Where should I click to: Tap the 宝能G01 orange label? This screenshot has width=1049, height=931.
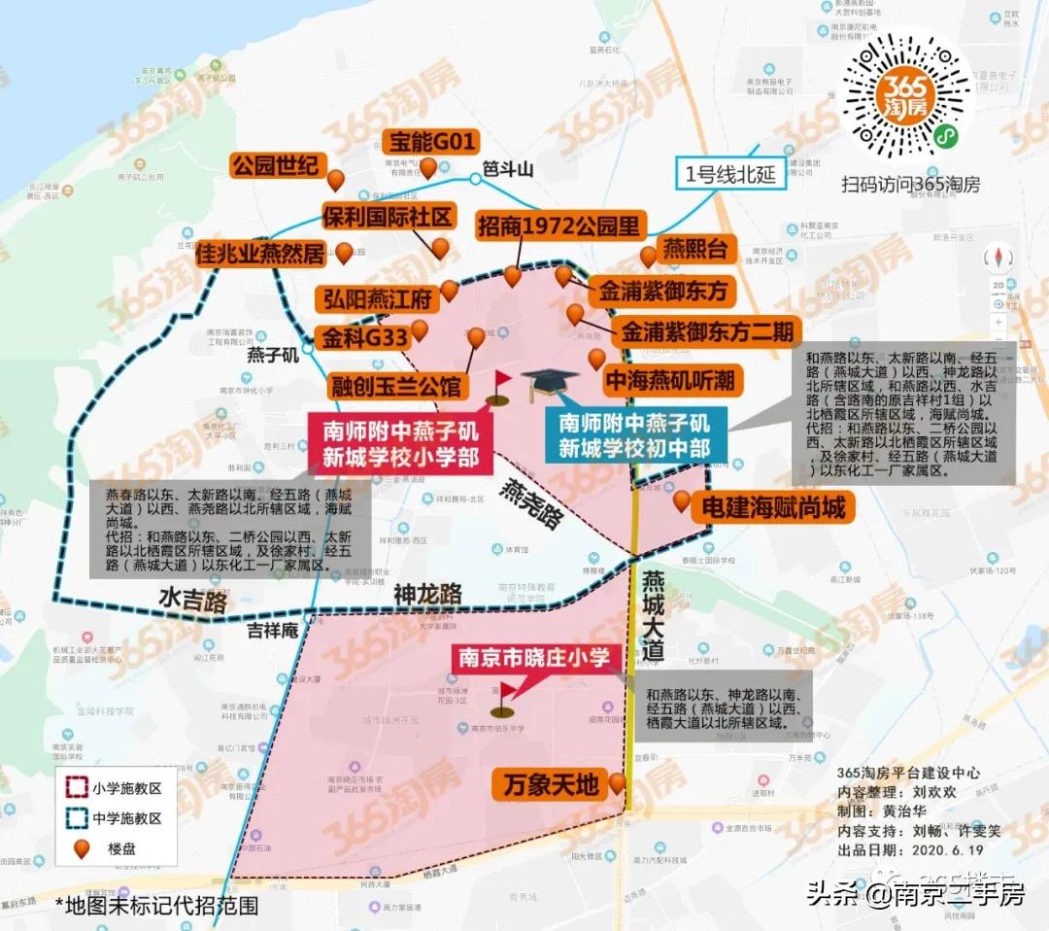coord(429,143)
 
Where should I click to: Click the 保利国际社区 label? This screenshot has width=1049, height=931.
coord(389,216)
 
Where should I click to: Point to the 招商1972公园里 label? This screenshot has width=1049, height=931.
coord(560,226)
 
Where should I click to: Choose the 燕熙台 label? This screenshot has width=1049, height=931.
coord(695,249)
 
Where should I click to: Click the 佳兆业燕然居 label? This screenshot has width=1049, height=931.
coord(261,255)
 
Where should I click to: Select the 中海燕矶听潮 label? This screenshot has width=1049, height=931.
coord(670,379)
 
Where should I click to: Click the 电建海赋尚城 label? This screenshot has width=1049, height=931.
coord(768,506)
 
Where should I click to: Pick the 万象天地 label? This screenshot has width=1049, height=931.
coord(551,783)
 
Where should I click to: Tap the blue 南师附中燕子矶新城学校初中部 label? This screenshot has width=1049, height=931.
coord(633,436)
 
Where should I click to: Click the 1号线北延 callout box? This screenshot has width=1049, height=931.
coord(730,175)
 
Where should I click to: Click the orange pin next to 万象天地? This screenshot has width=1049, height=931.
coord(618,782)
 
